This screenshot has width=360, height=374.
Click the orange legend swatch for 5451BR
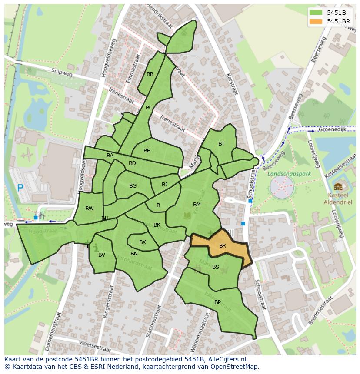pyautogui.click(x=316, y=21)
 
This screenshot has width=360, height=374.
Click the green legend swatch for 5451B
pyautogui.click(x=316, y=13)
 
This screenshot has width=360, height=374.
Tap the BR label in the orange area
pyautogui.click(x=223, y=246)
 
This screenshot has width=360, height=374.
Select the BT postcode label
pyautogui.click(x=221, y=144)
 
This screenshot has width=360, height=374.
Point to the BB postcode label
pyautogui.click(x=150, y=74)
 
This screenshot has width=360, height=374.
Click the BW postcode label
pyautogui.click(x=90, y=209)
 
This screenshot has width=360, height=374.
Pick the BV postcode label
pyautogui.click(x=102, y=255)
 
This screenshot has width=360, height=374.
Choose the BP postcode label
pyautogui.click(x=217, y=302)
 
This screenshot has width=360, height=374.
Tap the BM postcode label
pyautogui.click(x=197, y=204)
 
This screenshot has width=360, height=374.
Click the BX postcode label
pyautogui.click(x=143, y=242)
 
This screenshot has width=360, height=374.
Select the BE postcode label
pyautogui.click(x=147, y=151)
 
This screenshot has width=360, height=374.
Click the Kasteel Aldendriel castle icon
pyautogui.click(x=338, y=187)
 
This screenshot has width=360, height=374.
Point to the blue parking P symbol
pyautogui.click(x=20, y=188)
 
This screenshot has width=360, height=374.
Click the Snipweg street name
pyautogui.click(x=60, y=72)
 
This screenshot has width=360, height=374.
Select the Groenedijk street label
pyautogui.click(x=332, y=129)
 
